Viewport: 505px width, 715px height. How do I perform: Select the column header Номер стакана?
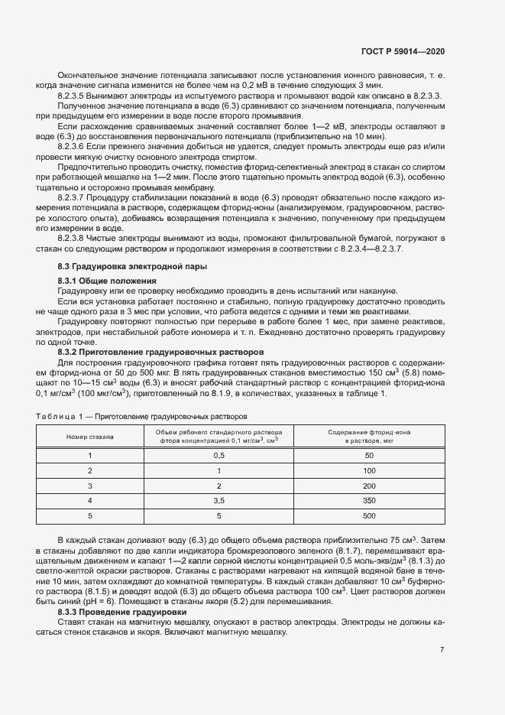tap(89, 436)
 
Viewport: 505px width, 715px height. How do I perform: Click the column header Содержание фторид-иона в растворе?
tap(370, 436)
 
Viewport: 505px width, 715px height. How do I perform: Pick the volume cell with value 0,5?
tap(219, 455)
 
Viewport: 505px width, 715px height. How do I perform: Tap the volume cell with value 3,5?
tap(219, 500)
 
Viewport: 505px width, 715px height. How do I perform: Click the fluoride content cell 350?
tap(370, 500)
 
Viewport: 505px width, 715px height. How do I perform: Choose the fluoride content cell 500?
tap(370, 515)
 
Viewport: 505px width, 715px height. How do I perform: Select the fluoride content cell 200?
tap(370, 486)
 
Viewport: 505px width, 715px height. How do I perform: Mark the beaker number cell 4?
tap(89, 500)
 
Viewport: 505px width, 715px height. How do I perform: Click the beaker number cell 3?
tap(89, 486)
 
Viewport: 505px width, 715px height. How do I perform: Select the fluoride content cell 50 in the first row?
tap(370, 455)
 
